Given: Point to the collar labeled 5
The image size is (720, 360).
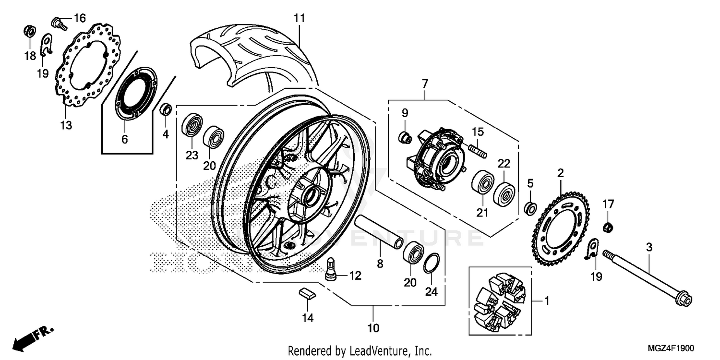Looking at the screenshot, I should pos(530,209).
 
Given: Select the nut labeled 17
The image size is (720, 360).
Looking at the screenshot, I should pos(607,226).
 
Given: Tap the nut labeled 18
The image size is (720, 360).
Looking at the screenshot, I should pos(29,32).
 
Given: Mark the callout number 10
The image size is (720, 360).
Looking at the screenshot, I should pos(373,328).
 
